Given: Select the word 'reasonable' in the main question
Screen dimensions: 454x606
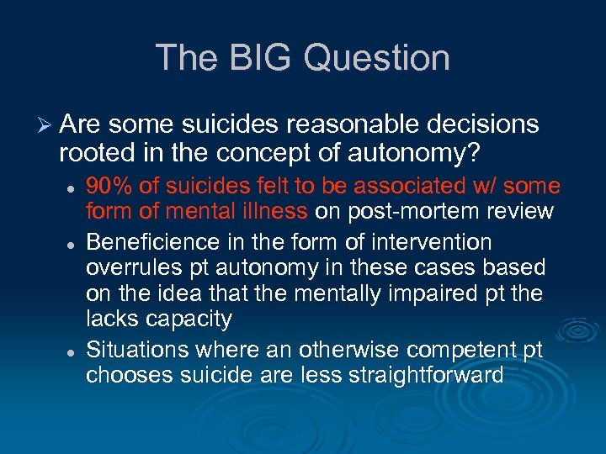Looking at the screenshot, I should click(354, 124).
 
